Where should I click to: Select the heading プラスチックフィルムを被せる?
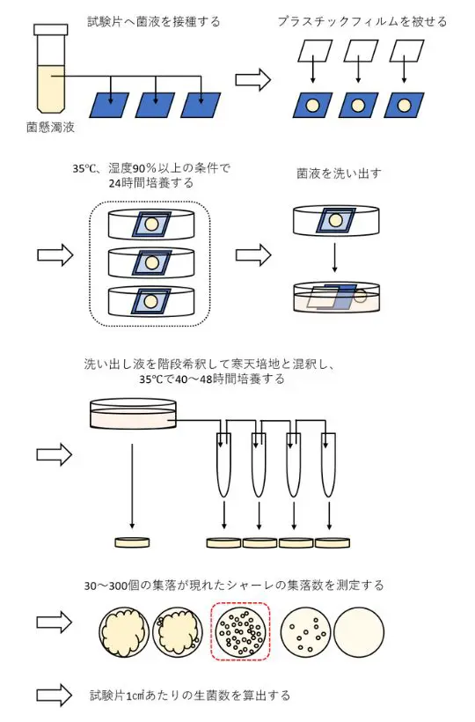pos(362,21)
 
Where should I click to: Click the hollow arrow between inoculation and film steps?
pos(254,79)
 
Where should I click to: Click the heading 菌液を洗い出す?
pos(339,173)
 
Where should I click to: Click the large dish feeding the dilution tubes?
pos(132,413)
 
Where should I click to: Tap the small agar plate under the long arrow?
pos(132,541)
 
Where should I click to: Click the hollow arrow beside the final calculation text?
pos(54,696)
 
